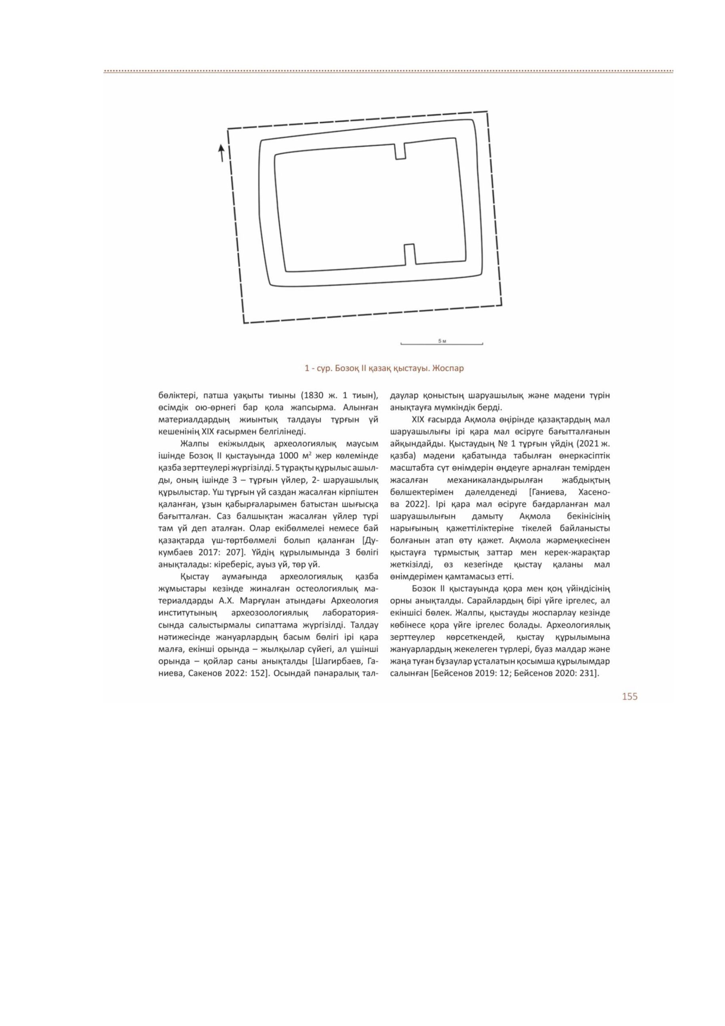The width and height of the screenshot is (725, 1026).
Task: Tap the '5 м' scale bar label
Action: pyautogui.click(x=442, y=341)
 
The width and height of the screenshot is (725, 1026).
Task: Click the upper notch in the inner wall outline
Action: pyautogui.click(x=401, y=151)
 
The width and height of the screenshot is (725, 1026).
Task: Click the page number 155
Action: pyautogui.click(x=629, y=696)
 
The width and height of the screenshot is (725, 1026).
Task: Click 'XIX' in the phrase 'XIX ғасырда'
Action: pyautogui.click(x=419, y=420)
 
